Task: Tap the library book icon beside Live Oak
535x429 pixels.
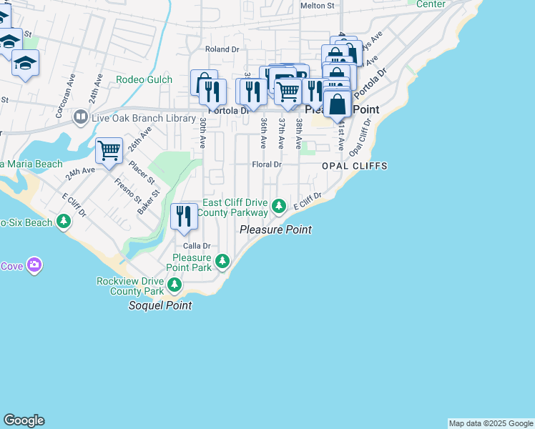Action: click(81, 117)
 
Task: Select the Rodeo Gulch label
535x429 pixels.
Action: click(144, 80)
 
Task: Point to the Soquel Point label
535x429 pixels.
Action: click(160, 305)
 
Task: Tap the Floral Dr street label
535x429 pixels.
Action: click(267, 164)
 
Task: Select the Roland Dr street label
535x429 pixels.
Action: click(222, 49)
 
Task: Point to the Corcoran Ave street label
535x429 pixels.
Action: click(63, 95)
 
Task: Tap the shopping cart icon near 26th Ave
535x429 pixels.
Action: click(109, 151)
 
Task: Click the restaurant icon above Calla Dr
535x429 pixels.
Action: click(184, 216)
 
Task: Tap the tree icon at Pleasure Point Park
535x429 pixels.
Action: click(223, 262)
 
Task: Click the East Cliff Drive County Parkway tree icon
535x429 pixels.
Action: click(279, 207)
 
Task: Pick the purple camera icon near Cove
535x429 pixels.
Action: click(34, 266)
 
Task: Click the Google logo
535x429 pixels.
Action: click(24, 420)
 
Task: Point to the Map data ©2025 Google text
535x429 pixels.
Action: click(490, 423)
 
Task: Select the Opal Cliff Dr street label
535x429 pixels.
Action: click(360, 140)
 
